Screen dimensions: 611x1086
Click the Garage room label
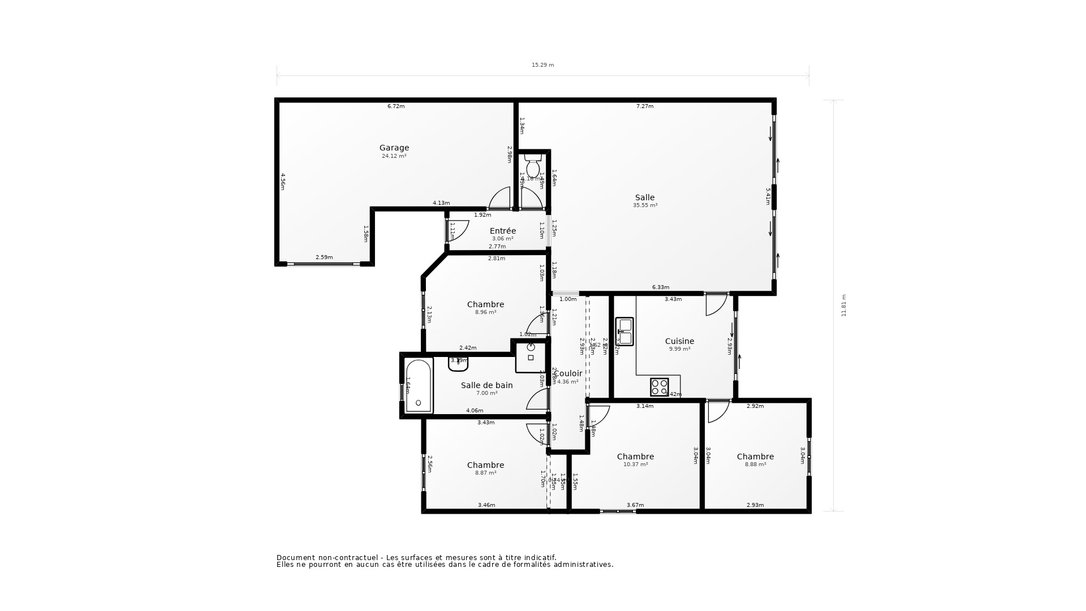pos(394,148)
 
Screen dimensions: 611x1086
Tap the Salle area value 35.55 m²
pos(645,206)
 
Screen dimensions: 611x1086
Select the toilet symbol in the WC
pos(532,166)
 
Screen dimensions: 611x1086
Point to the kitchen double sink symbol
pos(624,332)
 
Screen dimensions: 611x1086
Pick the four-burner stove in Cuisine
pos(659,387)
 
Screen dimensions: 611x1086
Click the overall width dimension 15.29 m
pos(542,65)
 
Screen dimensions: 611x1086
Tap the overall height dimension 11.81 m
pos(843,305)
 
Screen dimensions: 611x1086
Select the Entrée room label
pos(502,231)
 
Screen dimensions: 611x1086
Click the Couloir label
pos(568,373)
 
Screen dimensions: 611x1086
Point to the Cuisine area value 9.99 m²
pos(679,350)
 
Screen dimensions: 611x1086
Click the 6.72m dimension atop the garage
pos(395,106)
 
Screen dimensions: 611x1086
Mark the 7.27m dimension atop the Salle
pos(644,106)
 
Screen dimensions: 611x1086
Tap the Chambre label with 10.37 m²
pos(635,457)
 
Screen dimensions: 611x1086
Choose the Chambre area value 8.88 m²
pos(755,464)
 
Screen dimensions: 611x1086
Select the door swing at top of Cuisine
pos(716,304)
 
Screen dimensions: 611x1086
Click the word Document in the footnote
pos(295,557)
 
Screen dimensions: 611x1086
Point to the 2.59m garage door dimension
pos(324,257)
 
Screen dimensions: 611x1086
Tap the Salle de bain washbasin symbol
pos(458,364)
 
